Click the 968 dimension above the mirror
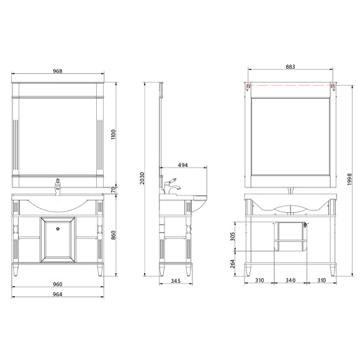point(58,71)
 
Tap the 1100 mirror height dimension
point(114,134)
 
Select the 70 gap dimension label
point(113,190)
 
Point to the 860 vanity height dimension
point(114,235)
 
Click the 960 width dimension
point(58,284)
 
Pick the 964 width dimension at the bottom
point(57,294)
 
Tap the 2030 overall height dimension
point(142,178)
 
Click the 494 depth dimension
point(182,165)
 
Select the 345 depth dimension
point(176,281)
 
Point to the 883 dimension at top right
point(290,67)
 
